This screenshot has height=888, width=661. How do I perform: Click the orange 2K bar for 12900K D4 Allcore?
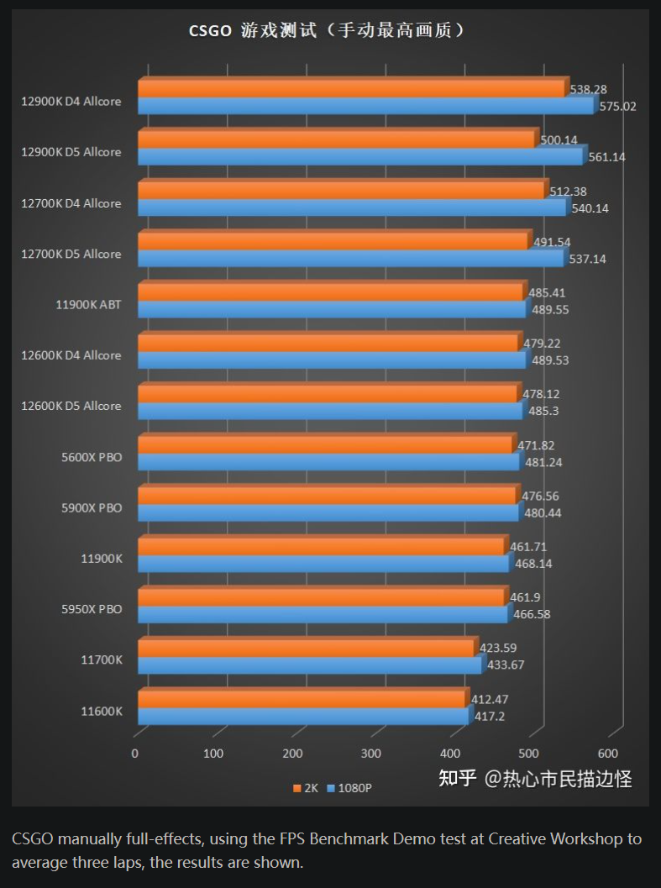351,89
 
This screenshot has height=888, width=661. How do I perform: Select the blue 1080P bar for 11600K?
303,716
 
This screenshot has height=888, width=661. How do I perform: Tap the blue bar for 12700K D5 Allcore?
350,259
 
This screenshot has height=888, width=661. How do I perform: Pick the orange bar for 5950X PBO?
321,597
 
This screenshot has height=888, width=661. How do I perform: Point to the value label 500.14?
559,139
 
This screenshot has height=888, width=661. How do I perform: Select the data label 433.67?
506,665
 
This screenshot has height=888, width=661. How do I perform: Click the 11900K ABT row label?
88,304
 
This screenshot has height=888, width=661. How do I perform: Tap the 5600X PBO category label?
91,457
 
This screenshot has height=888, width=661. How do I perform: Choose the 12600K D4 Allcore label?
71,355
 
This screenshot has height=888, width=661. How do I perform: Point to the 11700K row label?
102,659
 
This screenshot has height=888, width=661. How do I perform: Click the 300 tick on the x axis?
371,754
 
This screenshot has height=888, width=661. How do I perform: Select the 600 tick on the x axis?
607,754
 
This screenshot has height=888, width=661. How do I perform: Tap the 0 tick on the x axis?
135,754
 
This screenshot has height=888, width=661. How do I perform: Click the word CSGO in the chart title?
210,31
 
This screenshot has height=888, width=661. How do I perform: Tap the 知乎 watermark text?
458,779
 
